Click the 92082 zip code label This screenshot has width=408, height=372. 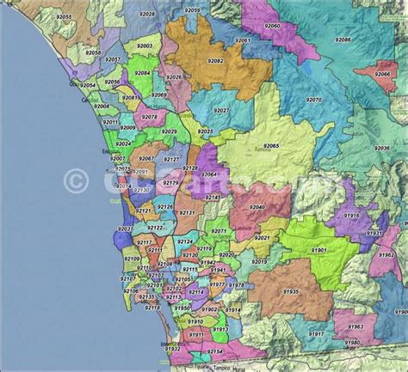(x=214, y=61)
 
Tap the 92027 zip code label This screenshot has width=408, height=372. (x=222, y=111)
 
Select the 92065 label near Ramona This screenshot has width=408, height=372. (x=270, y=147)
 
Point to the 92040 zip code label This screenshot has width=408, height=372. (x=257, y=207)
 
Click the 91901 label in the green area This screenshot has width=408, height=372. (x=318, y=249)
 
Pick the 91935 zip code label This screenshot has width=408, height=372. (x=290, y=291)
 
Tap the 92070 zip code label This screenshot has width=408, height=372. (x=313, y=101)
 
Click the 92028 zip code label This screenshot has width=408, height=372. (x=147, y=15)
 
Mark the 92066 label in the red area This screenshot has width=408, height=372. (x=382, y=74)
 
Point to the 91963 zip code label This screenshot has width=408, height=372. (x=355, y=326)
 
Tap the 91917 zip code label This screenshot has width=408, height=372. (x=316, y=333)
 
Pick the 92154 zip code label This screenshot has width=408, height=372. (x=214, y=351)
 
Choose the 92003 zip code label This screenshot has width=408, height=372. (x=144, y=46)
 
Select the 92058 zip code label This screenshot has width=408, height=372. (x=93, y=52)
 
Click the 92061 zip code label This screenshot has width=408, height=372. (x=243, y=40)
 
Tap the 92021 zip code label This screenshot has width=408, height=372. (x=262, y=237)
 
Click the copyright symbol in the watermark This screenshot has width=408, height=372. (x=77, y=180)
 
